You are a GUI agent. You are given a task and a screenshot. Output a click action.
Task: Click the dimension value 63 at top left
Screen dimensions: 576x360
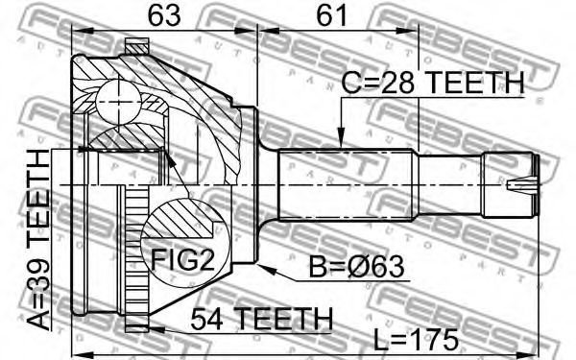tap(164, 15)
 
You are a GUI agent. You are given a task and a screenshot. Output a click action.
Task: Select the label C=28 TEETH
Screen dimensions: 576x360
tap(433, 83)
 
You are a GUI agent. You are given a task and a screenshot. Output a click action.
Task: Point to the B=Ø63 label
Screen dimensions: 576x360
tap(356, 266)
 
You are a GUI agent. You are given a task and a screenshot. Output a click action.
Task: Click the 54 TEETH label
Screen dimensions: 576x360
tap(261, 319)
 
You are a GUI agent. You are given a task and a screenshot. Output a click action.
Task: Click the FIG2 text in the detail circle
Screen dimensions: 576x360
tap(182, 259)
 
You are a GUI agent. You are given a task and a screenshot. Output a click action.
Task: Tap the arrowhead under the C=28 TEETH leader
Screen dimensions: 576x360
tap(341, 138)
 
